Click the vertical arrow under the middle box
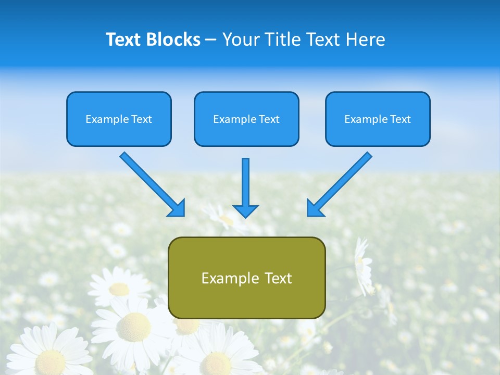[x=245, y=187]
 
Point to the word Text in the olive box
[x=278, y=279]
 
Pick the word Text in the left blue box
[x=142, y=119]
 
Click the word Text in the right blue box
[x=401, y=119]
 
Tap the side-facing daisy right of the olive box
[x=363, y=266]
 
